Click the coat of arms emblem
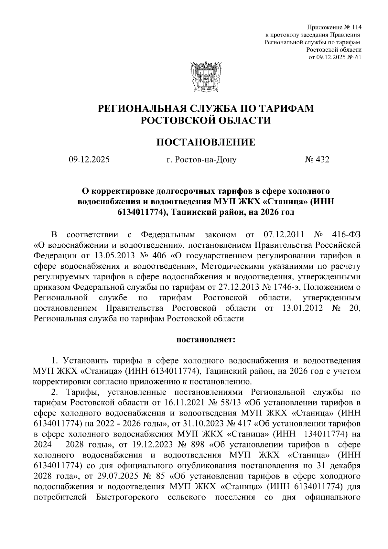206,77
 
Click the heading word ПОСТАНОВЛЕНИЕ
206,142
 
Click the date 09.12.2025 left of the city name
89,159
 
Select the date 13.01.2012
302,308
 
